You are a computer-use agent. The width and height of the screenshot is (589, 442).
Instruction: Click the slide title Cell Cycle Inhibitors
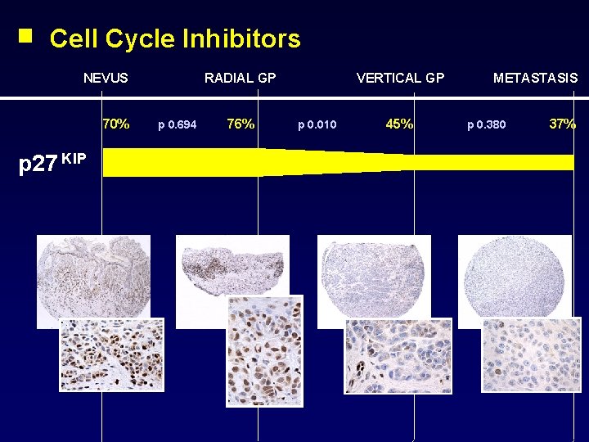[175, 38]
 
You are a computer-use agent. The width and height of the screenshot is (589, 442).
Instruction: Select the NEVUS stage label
[106, 79]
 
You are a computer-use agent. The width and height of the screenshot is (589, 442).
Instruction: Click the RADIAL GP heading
[240, 79]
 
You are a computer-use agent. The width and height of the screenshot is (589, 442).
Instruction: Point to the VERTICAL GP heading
[400, 79]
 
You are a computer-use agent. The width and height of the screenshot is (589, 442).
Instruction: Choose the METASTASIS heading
[535, 79]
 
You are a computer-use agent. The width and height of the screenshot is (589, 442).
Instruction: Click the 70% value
[115, 124]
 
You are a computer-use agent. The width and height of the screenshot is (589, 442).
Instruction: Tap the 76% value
[241, 124]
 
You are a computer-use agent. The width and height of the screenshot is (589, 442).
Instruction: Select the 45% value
[399, 124]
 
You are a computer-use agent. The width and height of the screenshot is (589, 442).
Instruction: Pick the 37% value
[562, 124]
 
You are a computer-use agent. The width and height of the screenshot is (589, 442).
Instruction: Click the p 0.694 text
[177, 125]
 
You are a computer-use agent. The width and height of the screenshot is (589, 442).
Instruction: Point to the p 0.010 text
[317, 125]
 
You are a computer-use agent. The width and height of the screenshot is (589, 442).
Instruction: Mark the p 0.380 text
[486, 125]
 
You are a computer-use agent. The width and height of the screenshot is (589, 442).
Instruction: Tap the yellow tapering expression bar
[327, 161]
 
